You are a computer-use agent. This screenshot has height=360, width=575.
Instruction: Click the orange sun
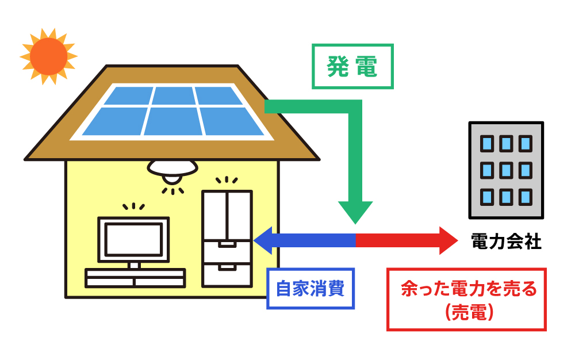click(48, 56)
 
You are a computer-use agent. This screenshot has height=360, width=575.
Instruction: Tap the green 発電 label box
click(352, 67)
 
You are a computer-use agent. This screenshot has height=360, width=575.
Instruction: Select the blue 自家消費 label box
click(310, 288)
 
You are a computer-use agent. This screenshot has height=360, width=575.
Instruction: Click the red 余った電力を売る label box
click(466, 300)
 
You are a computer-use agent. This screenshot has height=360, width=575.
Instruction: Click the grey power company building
click(506, 170)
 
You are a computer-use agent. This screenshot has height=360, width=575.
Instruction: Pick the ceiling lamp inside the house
click(172, 168)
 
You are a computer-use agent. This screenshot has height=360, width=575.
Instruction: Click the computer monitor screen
click(133, 239)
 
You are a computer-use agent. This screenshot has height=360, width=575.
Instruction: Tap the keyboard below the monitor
click(135, 278)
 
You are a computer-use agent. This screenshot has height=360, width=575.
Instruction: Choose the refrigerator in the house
click(227, 238)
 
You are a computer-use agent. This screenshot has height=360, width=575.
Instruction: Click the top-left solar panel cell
click(128, 95)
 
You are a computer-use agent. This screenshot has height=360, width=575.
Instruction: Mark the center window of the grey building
click(505, 170)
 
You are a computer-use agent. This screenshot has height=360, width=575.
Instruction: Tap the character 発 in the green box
click(338, 67)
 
